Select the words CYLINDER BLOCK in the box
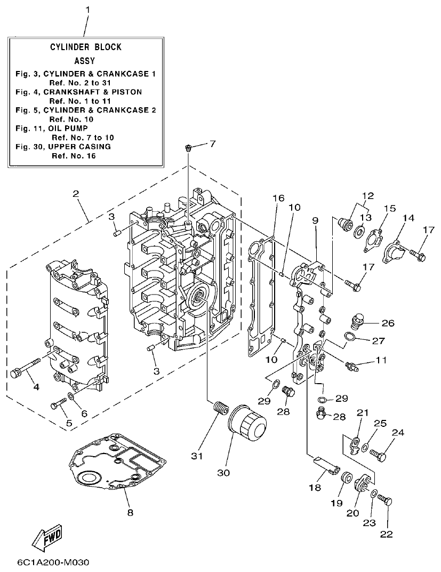(86, 47)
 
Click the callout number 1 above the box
(88, 10)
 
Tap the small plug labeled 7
(188, 147)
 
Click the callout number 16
(276, 198)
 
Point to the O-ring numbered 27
(349, 337)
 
